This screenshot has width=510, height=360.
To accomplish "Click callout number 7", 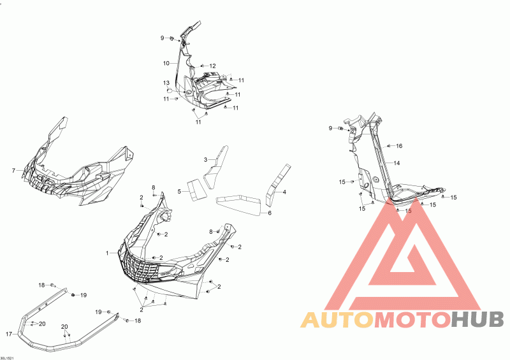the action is point(13,171).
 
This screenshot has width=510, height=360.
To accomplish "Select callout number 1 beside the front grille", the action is point(108,254).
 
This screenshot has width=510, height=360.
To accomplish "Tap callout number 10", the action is point(166,63).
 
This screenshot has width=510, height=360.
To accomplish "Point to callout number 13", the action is point(165,83).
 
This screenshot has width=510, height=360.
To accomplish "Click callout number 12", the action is point(212,66).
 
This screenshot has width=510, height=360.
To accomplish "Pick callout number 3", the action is point(206,159).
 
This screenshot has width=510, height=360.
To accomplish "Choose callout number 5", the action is point(180,191).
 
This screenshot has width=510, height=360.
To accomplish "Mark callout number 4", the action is point(284,192).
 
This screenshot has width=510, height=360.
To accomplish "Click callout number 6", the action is point(270,213).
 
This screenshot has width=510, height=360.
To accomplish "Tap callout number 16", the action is point(399,146).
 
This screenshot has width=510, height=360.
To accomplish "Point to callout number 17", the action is point(9,334).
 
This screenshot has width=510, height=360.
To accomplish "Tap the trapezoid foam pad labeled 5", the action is point(195,187).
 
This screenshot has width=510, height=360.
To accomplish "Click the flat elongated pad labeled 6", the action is point(238,204).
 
